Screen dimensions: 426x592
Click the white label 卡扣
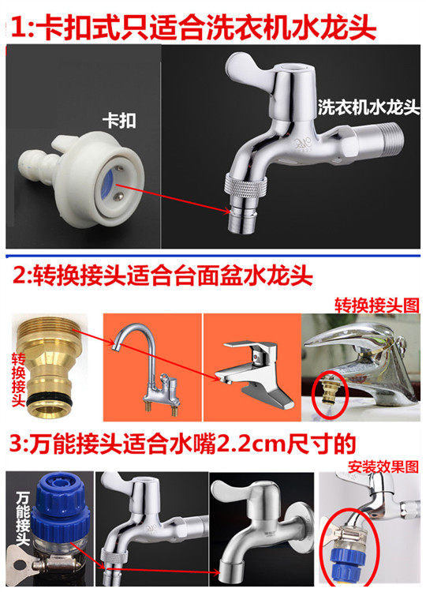tap(119, 121)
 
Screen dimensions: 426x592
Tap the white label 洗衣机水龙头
tap(368, 107)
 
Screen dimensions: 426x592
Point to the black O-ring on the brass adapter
tap(50, 397)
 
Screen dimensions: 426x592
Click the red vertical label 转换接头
tap(18, 380)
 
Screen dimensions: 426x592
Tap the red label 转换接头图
tap(376, 305)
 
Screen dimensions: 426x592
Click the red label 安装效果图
tap(383, 467)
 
